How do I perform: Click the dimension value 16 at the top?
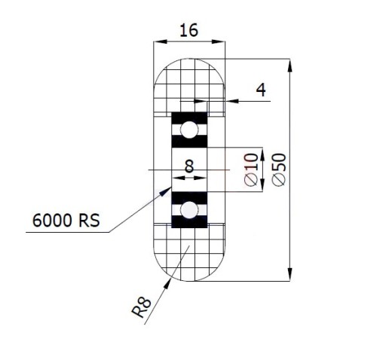tap(189, 30)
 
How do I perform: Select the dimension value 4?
tap(261, 90)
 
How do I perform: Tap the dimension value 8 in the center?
tap(189, 166)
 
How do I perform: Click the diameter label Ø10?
tap(251, 169)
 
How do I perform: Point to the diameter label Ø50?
tap(279, 169)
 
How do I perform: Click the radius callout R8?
tap(141, 307)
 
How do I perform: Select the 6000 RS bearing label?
tap(66, 221)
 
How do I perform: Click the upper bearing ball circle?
tap(189, 130)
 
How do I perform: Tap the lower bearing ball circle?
tap(189, 210)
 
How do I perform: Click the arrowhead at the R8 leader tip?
tap(167, 284)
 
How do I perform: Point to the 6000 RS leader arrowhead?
tap(165, 192)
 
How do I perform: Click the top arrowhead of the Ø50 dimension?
tap(289, 66)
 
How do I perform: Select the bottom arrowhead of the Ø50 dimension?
tap(289, 274)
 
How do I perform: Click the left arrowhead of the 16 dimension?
tap(161, 41)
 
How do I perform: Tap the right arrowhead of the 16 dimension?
tap(218, 41)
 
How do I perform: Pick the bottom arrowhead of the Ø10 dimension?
tap(262, 185)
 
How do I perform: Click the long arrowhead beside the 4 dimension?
tap(232, 101)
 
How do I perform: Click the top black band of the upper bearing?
tap(189, 118)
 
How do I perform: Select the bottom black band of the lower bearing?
tap(189, 222)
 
